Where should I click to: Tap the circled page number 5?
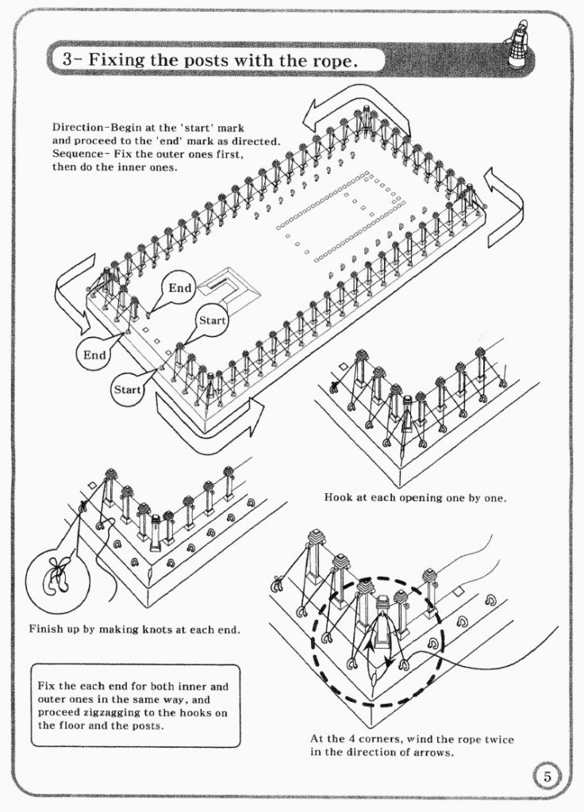click(546, 776)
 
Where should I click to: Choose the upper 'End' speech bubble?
click(179, 289)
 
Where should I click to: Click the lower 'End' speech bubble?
click(94, 355)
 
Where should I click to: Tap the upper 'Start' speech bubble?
click(213, 321)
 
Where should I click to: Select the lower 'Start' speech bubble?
click(127, 389)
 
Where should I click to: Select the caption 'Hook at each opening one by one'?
click(414, 498)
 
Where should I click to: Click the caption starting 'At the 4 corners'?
click(411, 745)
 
